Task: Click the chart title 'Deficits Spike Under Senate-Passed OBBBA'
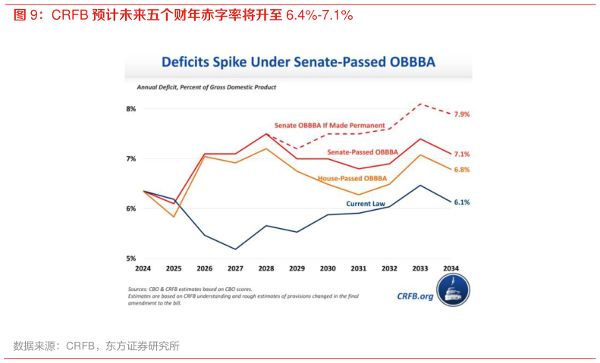299,61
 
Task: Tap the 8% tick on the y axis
130,109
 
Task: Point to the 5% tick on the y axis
130,258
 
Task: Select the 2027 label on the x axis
236,269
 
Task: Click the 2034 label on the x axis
451,269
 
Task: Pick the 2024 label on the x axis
143,269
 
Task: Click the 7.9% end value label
462,114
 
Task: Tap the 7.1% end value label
462,154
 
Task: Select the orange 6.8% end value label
462,170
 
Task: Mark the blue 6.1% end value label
462,202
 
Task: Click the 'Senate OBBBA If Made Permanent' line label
329,125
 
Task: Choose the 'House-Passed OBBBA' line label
352,178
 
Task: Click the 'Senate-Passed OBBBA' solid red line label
363,152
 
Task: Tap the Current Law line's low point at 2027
236,249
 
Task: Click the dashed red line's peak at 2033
420,104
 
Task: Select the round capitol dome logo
454,291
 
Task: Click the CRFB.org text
415,296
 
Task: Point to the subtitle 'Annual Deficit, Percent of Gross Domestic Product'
206,88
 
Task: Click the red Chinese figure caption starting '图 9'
182,15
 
